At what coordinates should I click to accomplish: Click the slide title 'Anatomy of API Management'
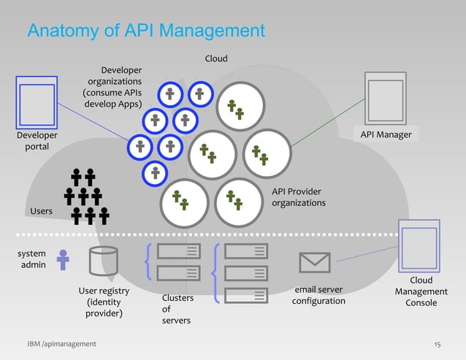pos(145,31)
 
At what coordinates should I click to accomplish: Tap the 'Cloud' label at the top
pos(215,58)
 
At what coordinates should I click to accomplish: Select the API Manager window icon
pos(384,98)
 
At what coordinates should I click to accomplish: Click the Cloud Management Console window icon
pos(419,245)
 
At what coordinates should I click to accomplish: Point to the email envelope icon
pos(315,261)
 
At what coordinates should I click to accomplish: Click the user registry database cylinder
pos(103,261)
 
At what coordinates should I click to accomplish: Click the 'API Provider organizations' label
pos(299,197)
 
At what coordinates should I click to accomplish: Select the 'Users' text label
pos(41,211)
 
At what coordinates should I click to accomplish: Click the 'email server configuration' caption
pos(318,296)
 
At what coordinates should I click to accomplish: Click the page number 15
pos(438,344)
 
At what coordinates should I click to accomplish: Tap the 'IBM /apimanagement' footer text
pos(61,344)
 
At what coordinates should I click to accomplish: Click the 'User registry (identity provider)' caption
pos(104,302)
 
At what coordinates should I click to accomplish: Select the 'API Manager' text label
pos(386,135)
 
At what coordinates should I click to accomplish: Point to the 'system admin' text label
pos(31,259)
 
